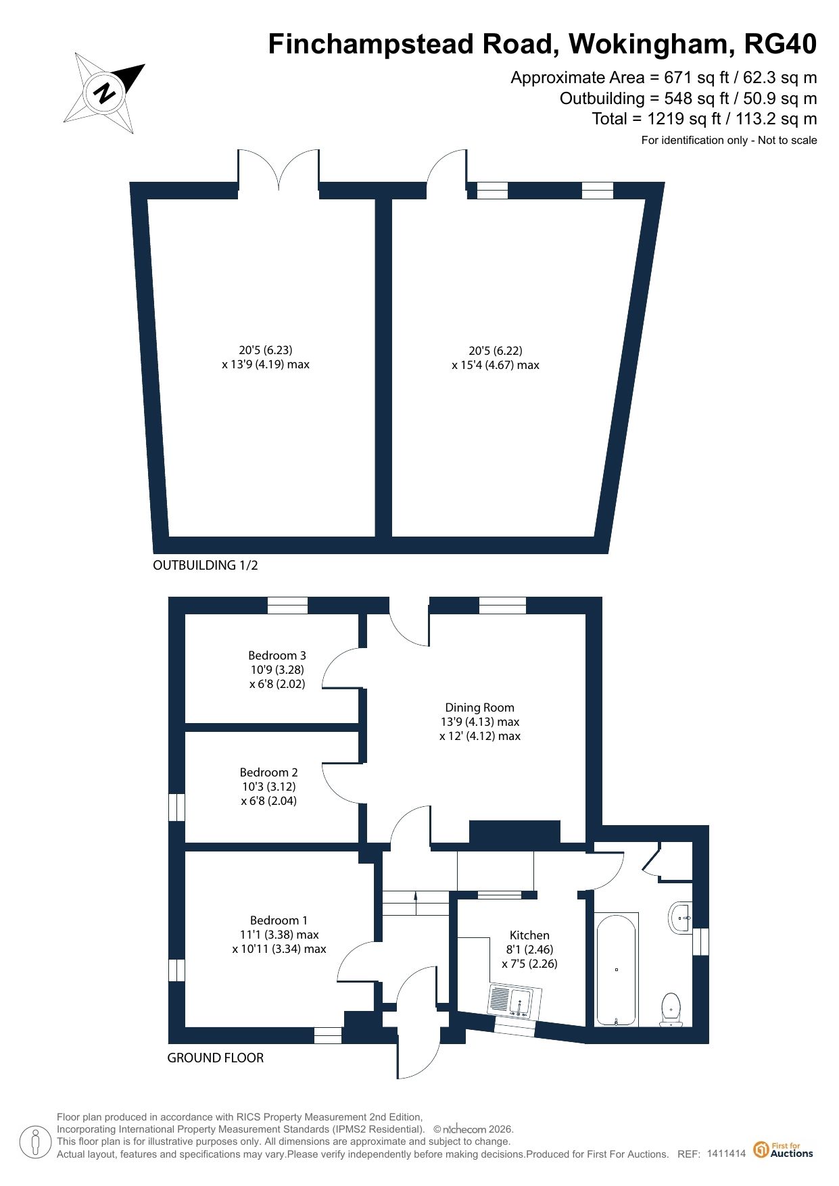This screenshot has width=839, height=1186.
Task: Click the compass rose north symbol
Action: pyautogui.click(x=105, y=92)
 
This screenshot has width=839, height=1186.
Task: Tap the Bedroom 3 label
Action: pyautogui.click(x=277, y=656)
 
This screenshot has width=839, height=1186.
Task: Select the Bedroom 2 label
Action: pyautogui.click(x=269, y=772)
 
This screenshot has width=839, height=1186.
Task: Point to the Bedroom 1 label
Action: pyautogui.click(x=279, y=920)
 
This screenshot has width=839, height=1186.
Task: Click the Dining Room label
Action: pyautogui.click(x=480, y=708)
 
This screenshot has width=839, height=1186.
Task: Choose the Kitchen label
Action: pyautogui.click(x=529, y=935)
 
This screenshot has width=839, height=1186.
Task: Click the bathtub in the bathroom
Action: pyautogui.click(x=616, y=970)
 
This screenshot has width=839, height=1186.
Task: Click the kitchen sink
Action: pyautogui.click(x=512, y=1002)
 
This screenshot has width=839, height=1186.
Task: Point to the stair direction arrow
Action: pyautogui.click(x=415, y=897)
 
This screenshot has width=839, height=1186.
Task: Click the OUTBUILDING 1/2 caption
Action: pyautogui.click(x=206, y=565)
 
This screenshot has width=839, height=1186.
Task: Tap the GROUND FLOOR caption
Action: pyautogui.click(x=216, y=1058)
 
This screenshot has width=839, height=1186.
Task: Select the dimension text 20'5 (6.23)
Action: pyautogui.click(x=266, y=350)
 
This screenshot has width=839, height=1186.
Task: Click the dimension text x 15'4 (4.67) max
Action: pyautogui.click(x=496, y=365)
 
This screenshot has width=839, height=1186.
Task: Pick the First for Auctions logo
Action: pyautogui.click(x=784, y=1150)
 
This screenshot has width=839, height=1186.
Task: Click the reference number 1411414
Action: pyautogui.click(x=726, y=1154)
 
